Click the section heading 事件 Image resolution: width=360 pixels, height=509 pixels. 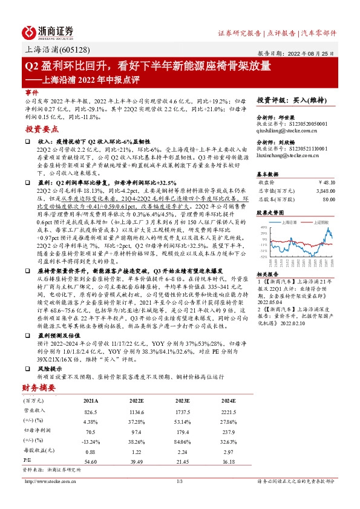[31, 92]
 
